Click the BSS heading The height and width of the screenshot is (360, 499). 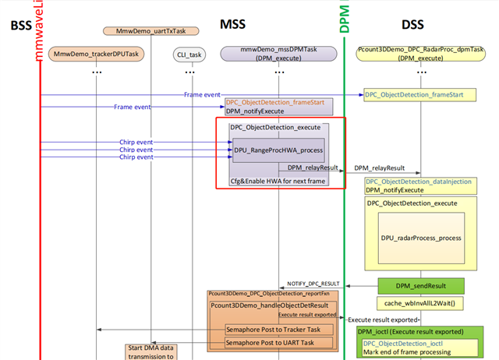(20, 26)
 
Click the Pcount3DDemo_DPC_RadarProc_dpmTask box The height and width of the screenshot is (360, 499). (422, 53)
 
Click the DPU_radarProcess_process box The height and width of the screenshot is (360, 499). (422, 237)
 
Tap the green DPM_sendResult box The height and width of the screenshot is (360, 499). (421, 286)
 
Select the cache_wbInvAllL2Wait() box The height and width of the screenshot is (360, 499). (421, 302)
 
